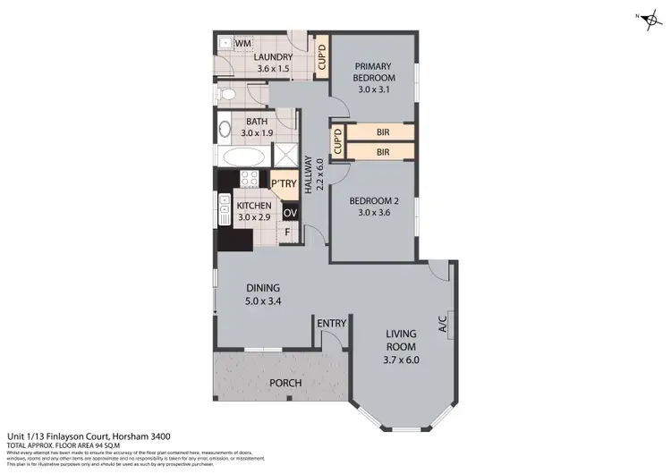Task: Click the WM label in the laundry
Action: coord(242,42)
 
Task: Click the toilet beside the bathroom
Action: coord(227,93)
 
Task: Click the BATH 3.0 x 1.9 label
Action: coord(258,128)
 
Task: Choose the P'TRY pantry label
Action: coord(284,184)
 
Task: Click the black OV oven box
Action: coord(290,214)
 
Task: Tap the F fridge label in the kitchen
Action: coord(287,233)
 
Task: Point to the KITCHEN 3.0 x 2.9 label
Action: coord(253,210)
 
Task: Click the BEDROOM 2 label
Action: coord(373,207)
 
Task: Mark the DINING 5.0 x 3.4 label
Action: coord(264,293)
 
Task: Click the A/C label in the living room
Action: coord(442,324)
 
